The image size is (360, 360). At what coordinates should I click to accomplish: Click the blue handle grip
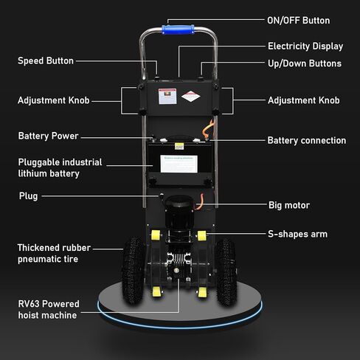click(178, 30)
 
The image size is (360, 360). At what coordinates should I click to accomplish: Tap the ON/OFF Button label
click(299, 21)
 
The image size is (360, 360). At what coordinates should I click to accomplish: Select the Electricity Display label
click(305, 46)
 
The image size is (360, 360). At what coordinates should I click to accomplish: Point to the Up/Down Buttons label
click(305, 63)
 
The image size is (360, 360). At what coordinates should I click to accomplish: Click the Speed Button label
click(46, 60)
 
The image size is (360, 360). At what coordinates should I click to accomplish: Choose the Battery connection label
click(307, 140)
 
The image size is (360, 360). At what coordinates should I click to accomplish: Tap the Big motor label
click(289, 205)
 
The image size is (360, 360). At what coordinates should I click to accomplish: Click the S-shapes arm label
click(297, 234)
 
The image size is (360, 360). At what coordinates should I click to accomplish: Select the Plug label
click(28, 196)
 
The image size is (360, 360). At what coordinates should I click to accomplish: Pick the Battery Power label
click(48, 136)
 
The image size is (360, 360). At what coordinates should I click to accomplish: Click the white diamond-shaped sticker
click(191, 97)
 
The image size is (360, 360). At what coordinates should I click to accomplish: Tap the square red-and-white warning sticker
click(167, 96)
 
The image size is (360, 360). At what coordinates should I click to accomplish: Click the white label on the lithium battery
click(179, 164)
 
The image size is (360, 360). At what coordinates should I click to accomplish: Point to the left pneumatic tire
click(133, 271)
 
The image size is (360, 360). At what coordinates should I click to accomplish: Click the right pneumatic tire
click(226, 271)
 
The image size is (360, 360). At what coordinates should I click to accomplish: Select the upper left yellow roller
click(156, 235)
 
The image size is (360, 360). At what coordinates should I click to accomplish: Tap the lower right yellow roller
click(202, 292)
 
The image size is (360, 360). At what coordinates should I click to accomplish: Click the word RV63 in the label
click(29, 304)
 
